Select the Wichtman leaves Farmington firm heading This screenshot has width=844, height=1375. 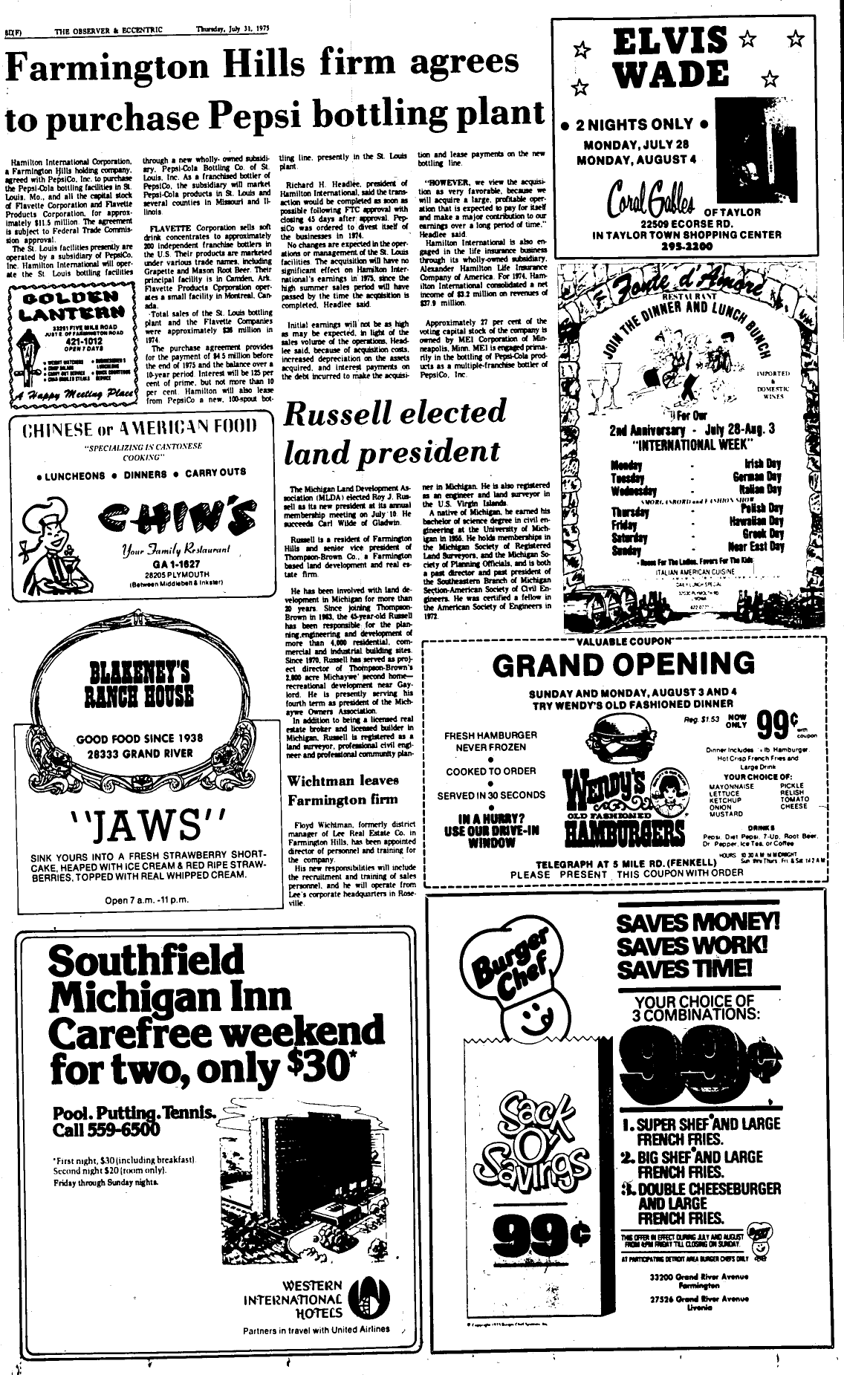point(343,790)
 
